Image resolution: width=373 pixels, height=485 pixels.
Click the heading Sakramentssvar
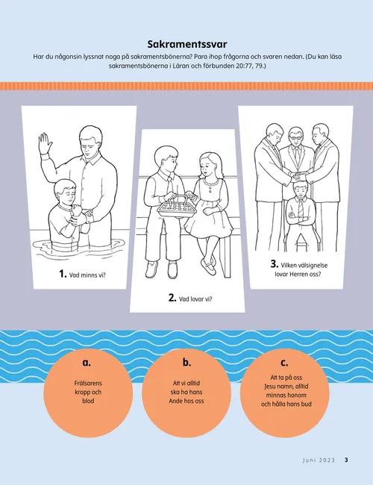tap(186, 44)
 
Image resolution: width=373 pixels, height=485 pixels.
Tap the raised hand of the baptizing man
tap(45, 143)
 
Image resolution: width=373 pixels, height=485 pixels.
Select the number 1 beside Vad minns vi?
tap(63, 274)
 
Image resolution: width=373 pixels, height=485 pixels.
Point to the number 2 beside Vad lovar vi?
tap(172, 298)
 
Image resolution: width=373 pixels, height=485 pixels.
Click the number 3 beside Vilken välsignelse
tap(274, 264)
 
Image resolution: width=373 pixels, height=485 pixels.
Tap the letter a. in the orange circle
tap(87, 363)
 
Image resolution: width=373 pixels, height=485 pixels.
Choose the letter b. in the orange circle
tap(186, 362)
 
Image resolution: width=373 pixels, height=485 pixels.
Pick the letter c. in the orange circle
tap(284, 363)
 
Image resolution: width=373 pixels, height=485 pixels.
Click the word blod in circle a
tap(88, 401)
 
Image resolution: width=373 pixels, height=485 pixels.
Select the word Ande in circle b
tap(176, 401)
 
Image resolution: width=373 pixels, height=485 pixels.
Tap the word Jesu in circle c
tap(270, 387)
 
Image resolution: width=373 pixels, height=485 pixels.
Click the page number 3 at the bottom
tap(346, 460)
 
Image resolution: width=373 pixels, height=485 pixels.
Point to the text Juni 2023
tap(319, 460)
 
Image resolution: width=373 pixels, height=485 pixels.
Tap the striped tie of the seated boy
tap(301, 208)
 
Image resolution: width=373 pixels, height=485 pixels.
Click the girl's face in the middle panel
tap(205, 166)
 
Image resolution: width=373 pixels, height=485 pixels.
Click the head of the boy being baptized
tap(65, 191)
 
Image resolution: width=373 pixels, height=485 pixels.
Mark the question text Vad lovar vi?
tap(195, 299)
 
